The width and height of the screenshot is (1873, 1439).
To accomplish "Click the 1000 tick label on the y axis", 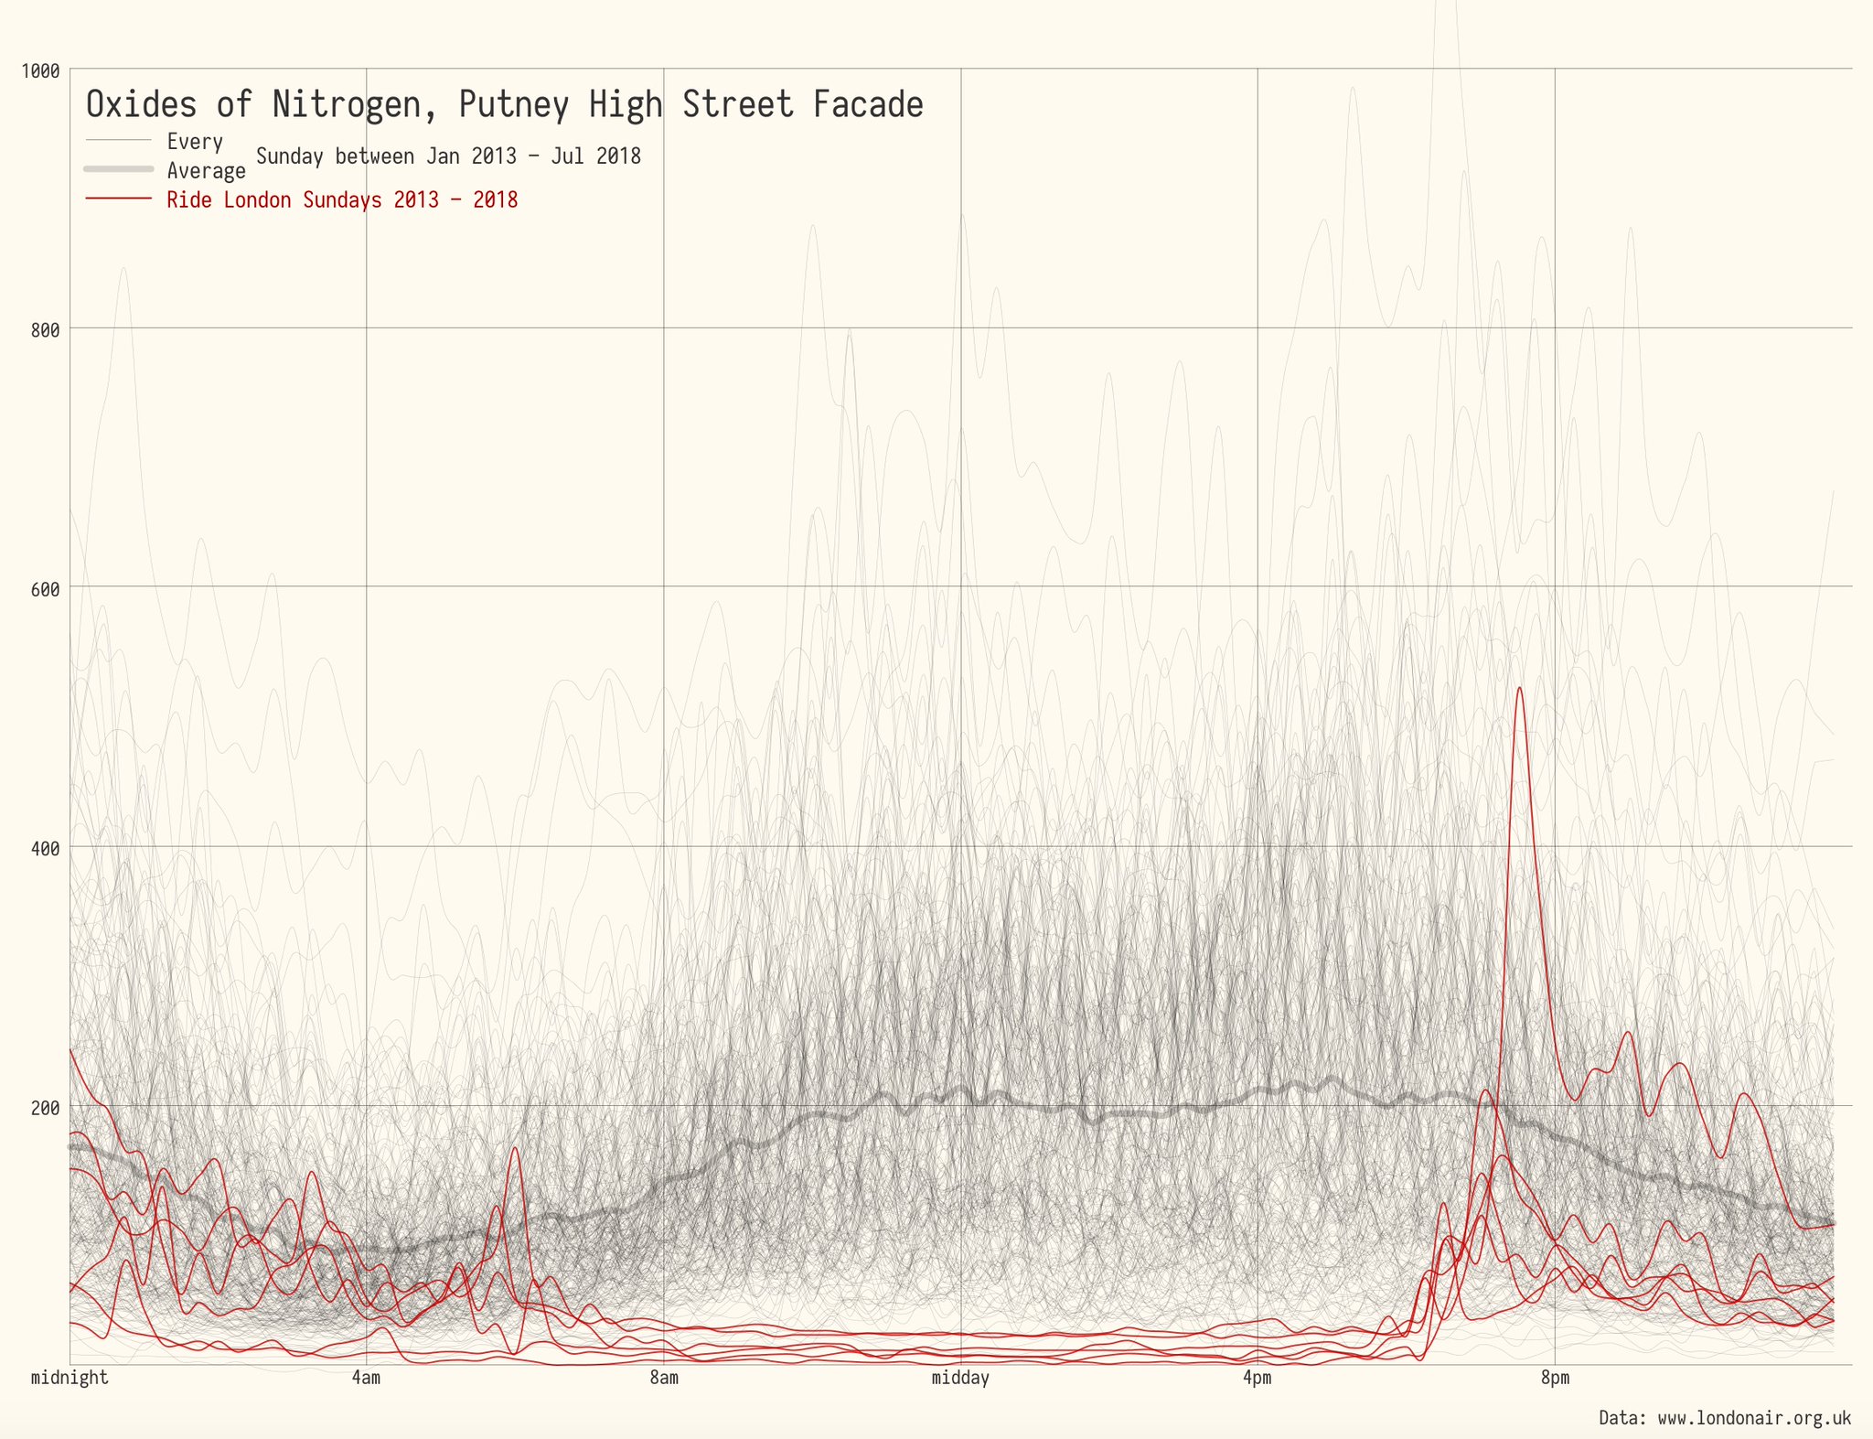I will [x=39, y=70].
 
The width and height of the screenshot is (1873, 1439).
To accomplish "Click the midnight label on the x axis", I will [x=70, y=1378].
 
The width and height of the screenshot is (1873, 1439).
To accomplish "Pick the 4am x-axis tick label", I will [x=366, y=1378].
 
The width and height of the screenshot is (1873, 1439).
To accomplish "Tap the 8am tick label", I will [x=664, y=1378].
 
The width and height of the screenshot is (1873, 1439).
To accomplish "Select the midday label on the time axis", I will [x=960, y=1378].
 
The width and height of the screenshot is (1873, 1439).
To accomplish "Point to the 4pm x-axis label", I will [x=1258, y=1378].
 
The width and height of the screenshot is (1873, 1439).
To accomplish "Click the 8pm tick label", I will [x=1555, y=1378].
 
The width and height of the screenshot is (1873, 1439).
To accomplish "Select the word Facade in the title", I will [x=868, y=105].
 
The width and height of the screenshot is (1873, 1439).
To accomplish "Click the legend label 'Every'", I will [x=195, y=142].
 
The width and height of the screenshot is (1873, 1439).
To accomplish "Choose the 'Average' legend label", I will [x=206, y=171].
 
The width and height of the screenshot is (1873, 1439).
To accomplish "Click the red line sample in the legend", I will [x=118, y=199].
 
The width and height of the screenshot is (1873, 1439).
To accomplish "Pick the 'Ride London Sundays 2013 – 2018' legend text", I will [x=342, y=200].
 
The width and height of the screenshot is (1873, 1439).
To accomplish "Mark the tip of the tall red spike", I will [x=1519, y=688].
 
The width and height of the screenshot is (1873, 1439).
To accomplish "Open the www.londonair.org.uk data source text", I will [x=1754, y=1419].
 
